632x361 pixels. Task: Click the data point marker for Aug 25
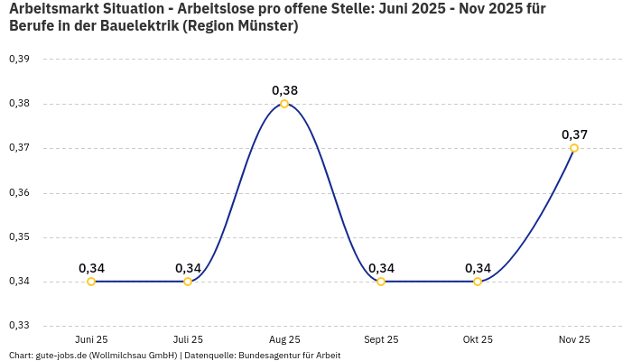[284, 104]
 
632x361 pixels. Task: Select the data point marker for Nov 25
[574, 148]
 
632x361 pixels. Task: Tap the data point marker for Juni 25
[91, 282]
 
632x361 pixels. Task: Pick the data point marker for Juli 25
[188, 282]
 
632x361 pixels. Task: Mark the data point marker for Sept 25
[381, 282]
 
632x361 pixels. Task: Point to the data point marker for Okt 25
[478, 282]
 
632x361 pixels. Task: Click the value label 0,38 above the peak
[284, 90]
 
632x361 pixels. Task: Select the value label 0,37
[574, 134]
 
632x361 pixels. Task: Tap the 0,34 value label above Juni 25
[91, 268]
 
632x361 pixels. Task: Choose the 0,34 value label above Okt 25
[478, 268]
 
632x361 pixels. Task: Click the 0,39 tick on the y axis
[19, 59]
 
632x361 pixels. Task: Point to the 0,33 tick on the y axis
[19, 326]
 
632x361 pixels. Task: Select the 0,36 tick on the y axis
[19, 192]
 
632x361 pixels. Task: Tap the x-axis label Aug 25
[284, 339]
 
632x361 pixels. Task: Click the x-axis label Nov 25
[574, 339]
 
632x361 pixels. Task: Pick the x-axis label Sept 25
[381, 339]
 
